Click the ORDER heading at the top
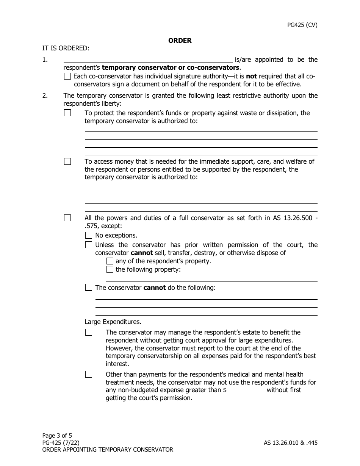tap(180, 41)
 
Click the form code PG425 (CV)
tap(302, 25)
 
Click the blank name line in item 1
tap(148, 59)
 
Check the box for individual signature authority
tap(67, 76)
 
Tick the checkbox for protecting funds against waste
tap(67, 113)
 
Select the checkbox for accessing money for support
tap(67, 161)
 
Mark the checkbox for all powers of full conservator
tap(67, 218)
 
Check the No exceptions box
tap(89, 235)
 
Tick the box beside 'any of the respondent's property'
tap(110, 261)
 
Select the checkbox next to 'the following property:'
tap(110, 269)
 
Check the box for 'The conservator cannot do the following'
tap(89, 288)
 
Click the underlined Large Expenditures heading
tap(112, 322)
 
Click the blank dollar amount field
tap(246, 390)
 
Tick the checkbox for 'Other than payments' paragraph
tap(89, 374)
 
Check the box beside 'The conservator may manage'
tap(89, 332)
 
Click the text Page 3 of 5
tap(57, 435)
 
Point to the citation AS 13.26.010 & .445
tap(291, 443)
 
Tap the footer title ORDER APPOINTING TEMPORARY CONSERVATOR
tap(108, 450)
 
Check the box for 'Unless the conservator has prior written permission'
tap(89, 245)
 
